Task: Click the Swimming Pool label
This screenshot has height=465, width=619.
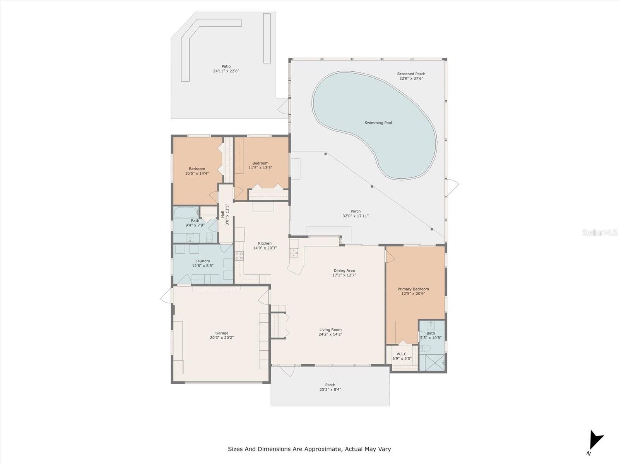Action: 378,123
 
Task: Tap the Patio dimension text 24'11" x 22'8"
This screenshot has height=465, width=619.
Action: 226,71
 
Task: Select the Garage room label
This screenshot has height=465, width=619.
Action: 222,333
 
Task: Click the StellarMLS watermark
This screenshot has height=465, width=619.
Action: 600,232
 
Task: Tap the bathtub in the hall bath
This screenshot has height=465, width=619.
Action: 186,212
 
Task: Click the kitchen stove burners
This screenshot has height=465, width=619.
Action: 239,256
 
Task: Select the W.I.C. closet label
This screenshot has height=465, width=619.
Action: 402,354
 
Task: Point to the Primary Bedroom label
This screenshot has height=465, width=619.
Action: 413,289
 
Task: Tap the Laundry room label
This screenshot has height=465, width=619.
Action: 202,261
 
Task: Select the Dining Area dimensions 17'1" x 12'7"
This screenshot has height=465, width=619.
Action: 344,275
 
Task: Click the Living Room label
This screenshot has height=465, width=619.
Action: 330,330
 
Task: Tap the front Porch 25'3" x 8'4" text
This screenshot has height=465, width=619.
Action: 330,389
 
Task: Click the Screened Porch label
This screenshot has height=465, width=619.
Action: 411,74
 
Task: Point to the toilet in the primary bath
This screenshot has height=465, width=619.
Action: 424,348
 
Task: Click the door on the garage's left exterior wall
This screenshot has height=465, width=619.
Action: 166,297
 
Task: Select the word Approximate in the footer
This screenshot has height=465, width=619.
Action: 323,449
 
